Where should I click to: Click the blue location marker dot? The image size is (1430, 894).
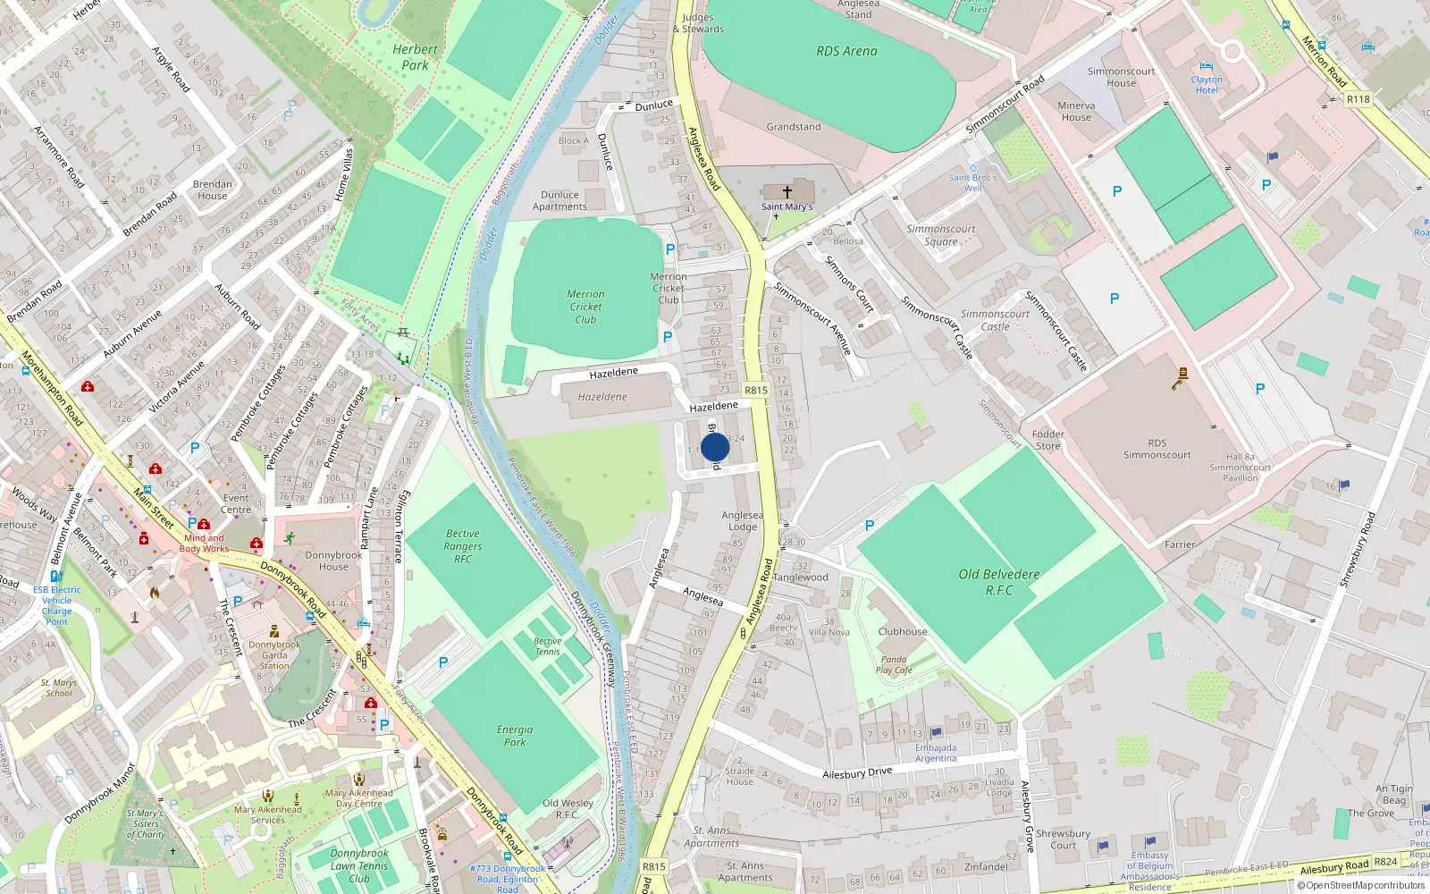[x=715, y=447]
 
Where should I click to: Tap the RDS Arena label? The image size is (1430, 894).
[x=846, y=51]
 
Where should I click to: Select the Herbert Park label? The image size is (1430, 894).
[x=415, y=57]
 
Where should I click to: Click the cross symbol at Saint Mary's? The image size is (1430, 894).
[x=787, y=191]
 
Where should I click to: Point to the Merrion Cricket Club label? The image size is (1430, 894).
[x=585, y=307]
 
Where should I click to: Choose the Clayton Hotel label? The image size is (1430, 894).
[x=1207, y=85]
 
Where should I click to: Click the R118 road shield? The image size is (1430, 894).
[x=1358, y=99]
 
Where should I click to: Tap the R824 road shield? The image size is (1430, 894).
[x=1385, y=862]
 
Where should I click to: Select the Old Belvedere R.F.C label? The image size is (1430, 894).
[x=999, y=582]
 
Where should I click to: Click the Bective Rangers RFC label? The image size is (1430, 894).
[x=462, y=546]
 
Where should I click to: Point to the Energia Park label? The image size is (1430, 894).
[x=515, y=736]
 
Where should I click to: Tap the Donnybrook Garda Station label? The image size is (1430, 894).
[x=274, y=654]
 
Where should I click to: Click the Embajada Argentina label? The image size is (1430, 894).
[x=936, y=753]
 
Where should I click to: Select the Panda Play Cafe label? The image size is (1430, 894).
[x=894, y=664]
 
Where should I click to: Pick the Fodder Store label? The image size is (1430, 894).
[x=1047, y=440]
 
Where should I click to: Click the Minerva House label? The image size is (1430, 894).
[x=1076, y=111]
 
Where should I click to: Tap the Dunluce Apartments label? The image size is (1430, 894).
[x=559, y=200]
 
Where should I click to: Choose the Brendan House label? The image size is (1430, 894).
[x=213, y=190]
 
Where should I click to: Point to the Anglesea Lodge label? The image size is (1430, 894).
[x=743, y=520]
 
